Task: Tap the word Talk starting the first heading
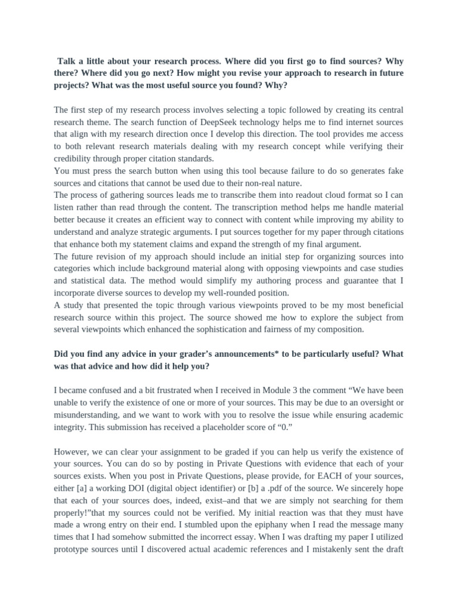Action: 69,61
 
